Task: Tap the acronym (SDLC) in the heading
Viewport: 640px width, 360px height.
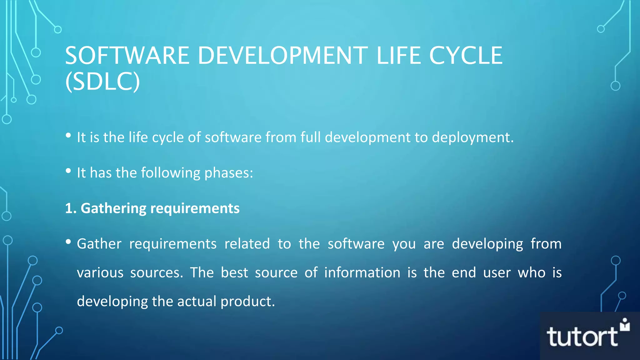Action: [102, 82]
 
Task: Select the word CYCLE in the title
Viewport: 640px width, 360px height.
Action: [466, 56]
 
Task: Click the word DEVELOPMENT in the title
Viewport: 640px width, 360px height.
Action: [283, 56]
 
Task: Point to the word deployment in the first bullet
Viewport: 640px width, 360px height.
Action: [472, 138]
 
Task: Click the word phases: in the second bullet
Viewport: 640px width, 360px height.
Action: [228, 173]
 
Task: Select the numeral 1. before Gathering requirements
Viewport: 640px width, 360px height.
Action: [71, 208]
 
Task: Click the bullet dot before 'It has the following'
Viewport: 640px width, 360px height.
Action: [68, 171]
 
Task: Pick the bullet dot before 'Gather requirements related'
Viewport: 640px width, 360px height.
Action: [68, 242]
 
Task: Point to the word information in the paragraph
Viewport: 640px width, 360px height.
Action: [362, 272]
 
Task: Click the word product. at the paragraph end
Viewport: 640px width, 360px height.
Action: [247, 302]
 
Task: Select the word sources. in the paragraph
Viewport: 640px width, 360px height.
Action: [156, 272]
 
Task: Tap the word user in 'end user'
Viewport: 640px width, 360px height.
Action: [497, 272]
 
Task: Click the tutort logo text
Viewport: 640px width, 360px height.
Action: [582, 337]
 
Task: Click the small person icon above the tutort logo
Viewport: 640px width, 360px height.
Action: [625, 325]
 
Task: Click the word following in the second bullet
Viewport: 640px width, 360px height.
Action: [170, 173]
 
